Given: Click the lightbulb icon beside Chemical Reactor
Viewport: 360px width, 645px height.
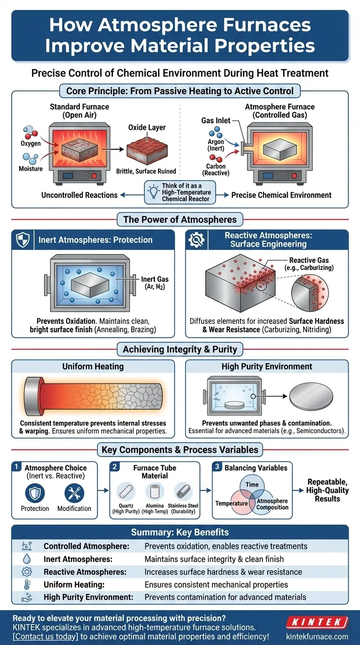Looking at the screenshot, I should tap(154, 190).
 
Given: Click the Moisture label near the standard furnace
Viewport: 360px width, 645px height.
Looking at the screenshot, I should tap(30, 168).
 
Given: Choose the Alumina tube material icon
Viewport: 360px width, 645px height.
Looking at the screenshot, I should tap(154, 492).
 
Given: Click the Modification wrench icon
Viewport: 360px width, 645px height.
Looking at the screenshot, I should tap(74, 493).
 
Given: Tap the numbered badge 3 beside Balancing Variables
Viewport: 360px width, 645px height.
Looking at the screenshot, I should tap(217, 467).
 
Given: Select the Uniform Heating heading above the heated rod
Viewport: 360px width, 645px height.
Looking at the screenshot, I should tap(93, 367).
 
